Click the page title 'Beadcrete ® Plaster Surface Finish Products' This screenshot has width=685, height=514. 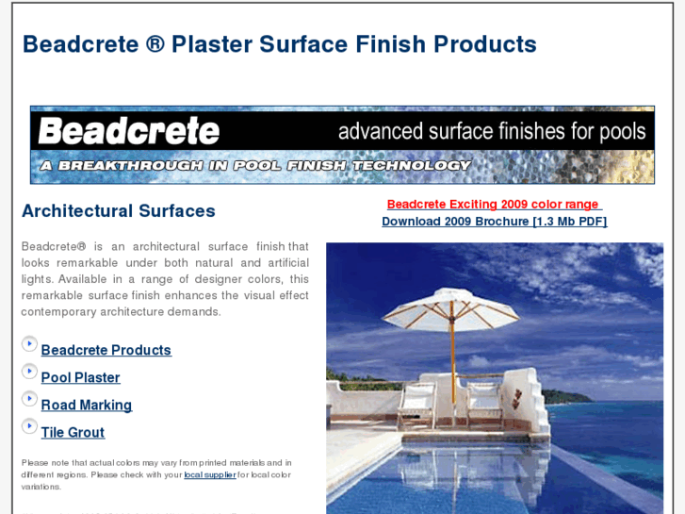[x=279, y=44]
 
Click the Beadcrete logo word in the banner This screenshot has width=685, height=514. [x=129, y=131]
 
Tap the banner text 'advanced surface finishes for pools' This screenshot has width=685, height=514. [x=492, y=130]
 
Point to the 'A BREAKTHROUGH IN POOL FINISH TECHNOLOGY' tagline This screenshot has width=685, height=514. [x=255, y=165]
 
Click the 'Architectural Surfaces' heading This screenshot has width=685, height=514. [x=119, y=211]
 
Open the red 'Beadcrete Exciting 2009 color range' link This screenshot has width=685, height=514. [x=493, y=205]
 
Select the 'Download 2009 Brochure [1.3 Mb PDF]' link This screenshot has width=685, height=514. [x=494, y=222]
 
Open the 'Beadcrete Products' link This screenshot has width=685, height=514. [x=106, y=350]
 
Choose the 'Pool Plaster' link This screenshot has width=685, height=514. [x=81, y=377]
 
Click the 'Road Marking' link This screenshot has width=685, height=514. [x=87, y=405]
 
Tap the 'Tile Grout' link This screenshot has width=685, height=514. [x=73, y=432]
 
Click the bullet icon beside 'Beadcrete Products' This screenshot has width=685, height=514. [x=29, y=344]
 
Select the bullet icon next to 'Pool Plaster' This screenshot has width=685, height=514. [x=29, y=372]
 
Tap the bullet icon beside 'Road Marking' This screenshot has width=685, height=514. [x=29, y=399]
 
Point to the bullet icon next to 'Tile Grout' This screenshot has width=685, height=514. [x=29, y=426]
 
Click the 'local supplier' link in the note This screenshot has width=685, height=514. [x=209, y=474]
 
